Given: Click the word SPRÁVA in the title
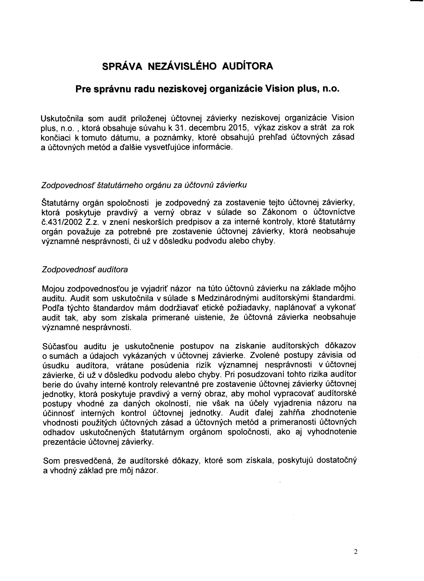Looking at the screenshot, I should tap(122, 66).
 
